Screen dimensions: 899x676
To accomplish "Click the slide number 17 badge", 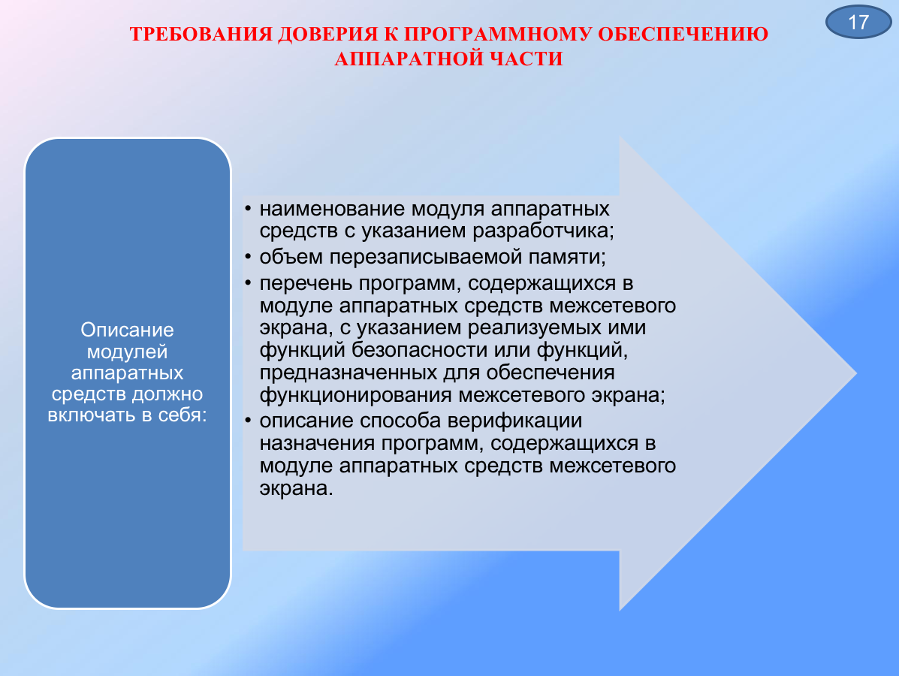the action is [858, 22].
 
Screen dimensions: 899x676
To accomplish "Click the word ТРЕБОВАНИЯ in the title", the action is [201, 35].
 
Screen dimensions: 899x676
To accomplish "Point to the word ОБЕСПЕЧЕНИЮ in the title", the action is [683, 35].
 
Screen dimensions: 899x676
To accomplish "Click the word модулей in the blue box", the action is [127, 352].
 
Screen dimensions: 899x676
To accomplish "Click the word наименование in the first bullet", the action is [333, 209].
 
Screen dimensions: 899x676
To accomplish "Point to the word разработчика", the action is [543, 231].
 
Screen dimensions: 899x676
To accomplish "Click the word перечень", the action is [306, 283].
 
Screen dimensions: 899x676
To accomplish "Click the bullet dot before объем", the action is [248, 257].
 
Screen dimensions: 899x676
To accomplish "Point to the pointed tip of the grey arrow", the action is [856, 373].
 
